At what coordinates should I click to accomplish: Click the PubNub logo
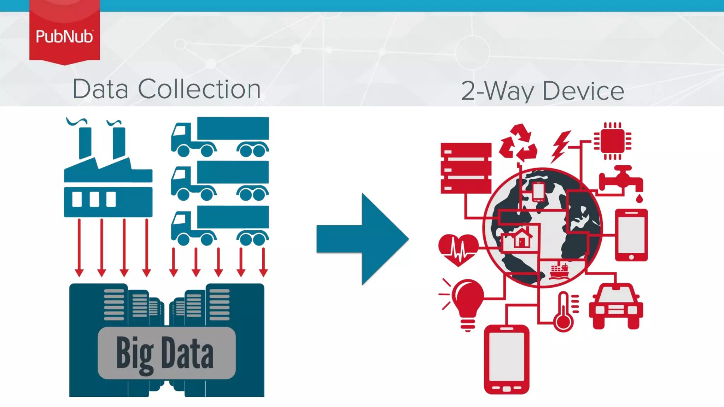point(64,36)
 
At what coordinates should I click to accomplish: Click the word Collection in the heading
point(199,89)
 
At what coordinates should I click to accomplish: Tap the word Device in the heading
point(583,91)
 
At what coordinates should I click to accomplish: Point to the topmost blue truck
point(220,137)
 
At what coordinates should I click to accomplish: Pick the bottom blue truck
point(220,225)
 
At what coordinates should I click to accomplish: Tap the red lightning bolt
point(560,146)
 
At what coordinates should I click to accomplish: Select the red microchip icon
point(613,141)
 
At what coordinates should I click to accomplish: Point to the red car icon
point(616,306)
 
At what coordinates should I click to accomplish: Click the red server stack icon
point(466,168)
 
